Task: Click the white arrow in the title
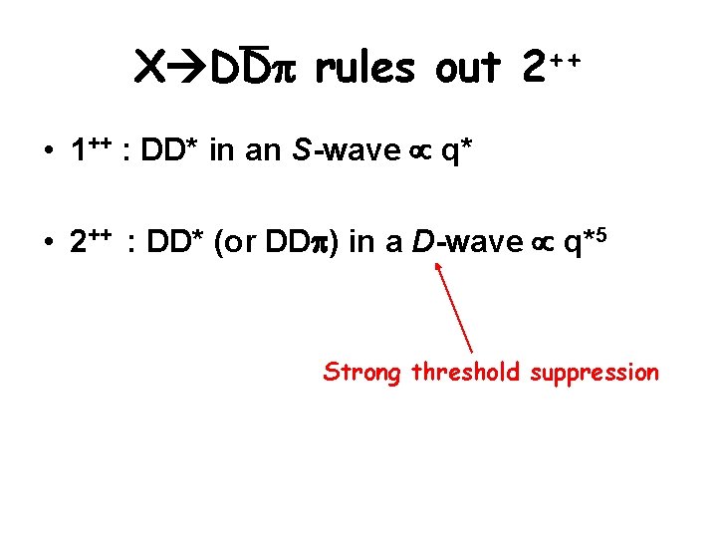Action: (187, 68)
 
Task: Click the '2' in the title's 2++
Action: (535, 68)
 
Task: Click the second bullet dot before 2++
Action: (48, 243)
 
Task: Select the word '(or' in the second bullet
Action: (242, 242)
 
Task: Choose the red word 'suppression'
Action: (595, 374)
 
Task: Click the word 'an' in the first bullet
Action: (272, 152)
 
